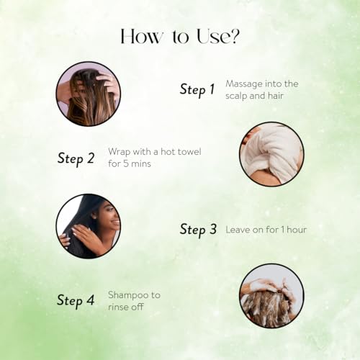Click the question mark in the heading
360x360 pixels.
tap(234, 36)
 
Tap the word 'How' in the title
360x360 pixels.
tap(141, 37)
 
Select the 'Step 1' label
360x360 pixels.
tap(197, 90)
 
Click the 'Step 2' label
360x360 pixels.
tap(76, 158)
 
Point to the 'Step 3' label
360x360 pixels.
tap(198, 229)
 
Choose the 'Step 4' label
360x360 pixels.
tap(76, 300)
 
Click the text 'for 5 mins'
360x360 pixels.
tap(130, 163)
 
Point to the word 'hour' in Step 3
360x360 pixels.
tap(297, 230)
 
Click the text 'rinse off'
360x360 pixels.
tap(126, 307)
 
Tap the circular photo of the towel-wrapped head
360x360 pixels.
tap(271, 154)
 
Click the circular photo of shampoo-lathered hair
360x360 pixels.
tap(271, 296)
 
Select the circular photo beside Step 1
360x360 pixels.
tap(89, 94)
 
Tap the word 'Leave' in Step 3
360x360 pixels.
tap(238, 230)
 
